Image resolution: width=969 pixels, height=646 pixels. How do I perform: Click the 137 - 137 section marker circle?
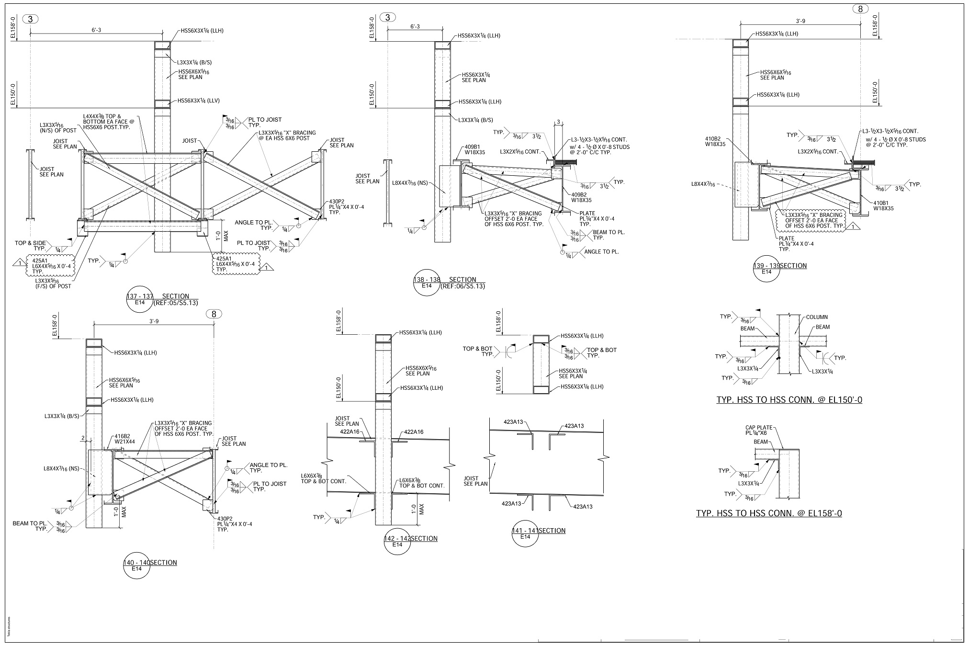pyautogui.click(x=140, y=299)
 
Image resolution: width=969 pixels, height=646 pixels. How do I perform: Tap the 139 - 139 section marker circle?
pyautogui.click(x=766, y=269)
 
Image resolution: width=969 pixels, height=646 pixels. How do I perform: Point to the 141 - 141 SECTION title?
pyautogui.click(x=539, y=531)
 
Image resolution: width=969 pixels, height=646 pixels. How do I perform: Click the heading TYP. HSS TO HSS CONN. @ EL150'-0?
pyautogui.click(x=789, y=400)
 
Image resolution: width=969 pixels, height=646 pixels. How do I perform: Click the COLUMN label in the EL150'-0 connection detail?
pyautogui.click(x=817, y=317)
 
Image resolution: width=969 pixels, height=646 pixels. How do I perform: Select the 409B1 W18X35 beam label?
pyautogui.click(x=474, y=150)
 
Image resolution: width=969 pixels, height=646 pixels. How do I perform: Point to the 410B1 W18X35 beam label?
pyautogui.click(x=883, y=205)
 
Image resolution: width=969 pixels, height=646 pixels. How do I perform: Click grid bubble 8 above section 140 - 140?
pyautogui.click(x=214, y=314)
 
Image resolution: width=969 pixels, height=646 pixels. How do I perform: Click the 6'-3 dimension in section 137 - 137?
pyautogui.click(x=96, y=30)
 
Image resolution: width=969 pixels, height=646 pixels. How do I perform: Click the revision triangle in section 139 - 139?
pyautogui.click(x=853, y=226)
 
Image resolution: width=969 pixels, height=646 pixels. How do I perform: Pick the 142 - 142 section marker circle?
pyautogui.click(x=397, y=542)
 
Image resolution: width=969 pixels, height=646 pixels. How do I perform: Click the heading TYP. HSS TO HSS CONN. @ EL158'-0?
pyautogui.click(x=769, y=513)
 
